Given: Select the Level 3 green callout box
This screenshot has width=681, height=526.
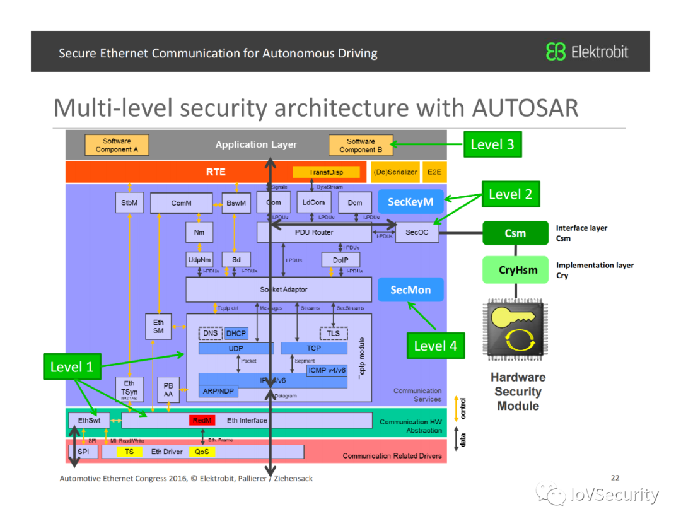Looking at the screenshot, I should click(x=492, y=144).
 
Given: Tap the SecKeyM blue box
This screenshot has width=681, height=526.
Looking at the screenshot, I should click(x=410, y=202).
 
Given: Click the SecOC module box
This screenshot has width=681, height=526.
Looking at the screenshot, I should click(x=416, y=232).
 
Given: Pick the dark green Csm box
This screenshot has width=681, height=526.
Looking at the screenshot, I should click(x=515, y=233).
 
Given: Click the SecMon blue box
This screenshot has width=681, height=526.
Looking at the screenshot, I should click(x=410, y=290).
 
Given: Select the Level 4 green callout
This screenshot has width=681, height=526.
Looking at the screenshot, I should click(x=435, y=345).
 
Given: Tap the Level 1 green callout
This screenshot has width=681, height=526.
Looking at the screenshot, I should click(x=72, y=366).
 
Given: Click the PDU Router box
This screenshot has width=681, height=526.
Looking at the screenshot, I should click(x=313, y=232).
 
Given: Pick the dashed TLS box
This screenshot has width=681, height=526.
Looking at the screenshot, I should click(x=334, y=334).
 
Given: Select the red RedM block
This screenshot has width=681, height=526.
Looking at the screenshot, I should click(x=202, y=420).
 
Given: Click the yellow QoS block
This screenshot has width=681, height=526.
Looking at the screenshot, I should click(x=201, y=452).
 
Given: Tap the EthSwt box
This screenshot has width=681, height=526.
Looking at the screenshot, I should click(x=89, y=419).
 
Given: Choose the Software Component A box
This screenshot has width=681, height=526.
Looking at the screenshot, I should click(x=117, y=145).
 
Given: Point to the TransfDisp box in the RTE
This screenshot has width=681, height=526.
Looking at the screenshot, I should click(x=326, y=172).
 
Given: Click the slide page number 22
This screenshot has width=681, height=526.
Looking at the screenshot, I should click(x=615, y=477).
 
